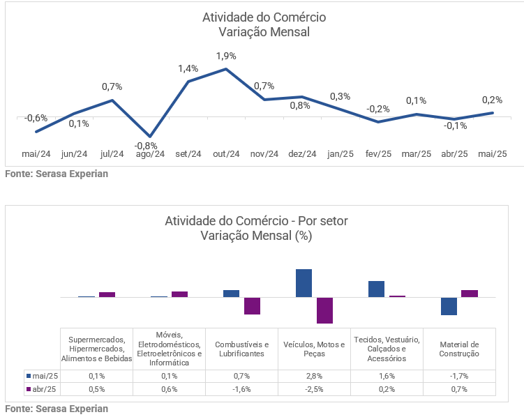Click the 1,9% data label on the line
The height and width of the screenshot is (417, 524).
[x=226, y=56]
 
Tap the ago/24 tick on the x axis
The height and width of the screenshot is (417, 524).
[x=149, y=154]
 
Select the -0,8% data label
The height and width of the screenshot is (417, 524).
[x=146, y=145]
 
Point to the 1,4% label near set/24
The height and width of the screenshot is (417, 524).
[x=188, y=68]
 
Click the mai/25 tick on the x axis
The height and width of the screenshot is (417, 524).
[x=493, y=154]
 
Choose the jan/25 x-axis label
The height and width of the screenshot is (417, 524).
[x=340, y=154]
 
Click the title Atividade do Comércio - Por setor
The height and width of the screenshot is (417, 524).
[x=256, y=221]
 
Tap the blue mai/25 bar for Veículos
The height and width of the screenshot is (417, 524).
[x=304, y=283]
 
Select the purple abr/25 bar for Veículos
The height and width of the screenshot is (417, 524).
[x=324, y=310]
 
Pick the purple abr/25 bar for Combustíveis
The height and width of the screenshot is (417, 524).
[x=252, y=305]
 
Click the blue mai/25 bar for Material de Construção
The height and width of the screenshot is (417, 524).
[x=449, y=306]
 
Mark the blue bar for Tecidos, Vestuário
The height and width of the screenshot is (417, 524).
[x=376, y=289]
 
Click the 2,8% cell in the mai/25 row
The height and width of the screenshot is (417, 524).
[x=314, y=376]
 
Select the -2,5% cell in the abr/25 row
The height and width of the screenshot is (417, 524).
[x=314, y=389]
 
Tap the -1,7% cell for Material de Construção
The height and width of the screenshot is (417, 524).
[x=459, y=376]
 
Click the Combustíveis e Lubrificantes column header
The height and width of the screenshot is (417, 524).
[x=241, y=349]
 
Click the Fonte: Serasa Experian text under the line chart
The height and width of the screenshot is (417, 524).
[x=57, y=174]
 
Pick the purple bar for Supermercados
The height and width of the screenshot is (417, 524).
[x=107, y=294]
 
